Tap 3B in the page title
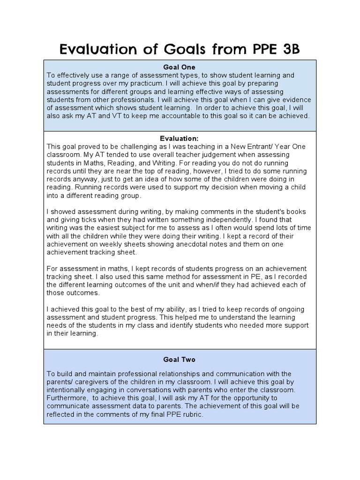[289, 49]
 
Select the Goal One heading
[180, 67]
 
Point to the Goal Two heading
[180, 360]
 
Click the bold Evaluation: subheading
[180, 138]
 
